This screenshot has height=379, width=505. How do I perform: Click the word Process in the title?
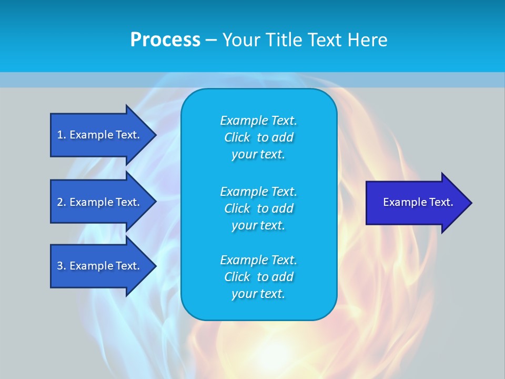click(x=165, y=40)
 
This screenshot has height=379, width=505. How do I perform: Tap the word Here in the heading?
click(x=366, y=40)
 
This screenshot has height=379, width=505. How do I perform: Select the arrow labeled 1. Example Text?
click(x=100, y=135)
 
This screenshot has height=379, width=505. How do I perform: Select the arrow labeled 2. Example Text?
click(x=100, y=202)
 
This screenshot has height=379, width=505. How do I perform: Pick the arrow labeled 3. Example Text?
click(x=100, y=266)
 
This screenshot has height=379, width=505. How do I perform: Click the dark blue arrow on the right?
click(x=416, y=203)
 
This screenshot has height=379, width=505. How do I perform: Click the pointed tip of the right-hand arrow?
click(x=469, y=203)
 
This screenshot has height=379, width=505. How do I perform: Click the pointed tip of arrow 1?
click(x=154, y=135)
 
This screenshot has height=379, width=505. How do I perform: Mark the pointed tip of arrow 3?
click(x=154, y=266)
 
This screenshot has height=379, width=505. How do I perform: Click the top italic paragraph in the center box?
click(x=258, y=137)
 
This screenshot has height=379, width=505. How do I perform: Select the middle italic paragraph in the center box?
click(x=258, y=208)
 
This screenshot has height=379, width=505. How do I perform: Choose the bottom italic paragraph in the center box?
click(x=258, y=277)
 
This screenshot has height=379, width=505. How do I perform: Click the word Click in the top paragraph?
click(x=237, y=137)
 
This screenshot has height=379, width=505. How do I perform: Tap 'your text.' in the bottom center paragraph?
click(x=258, y=294)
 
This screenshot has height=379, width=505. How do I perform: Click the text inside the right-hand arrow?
click(x=418, y=202)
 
